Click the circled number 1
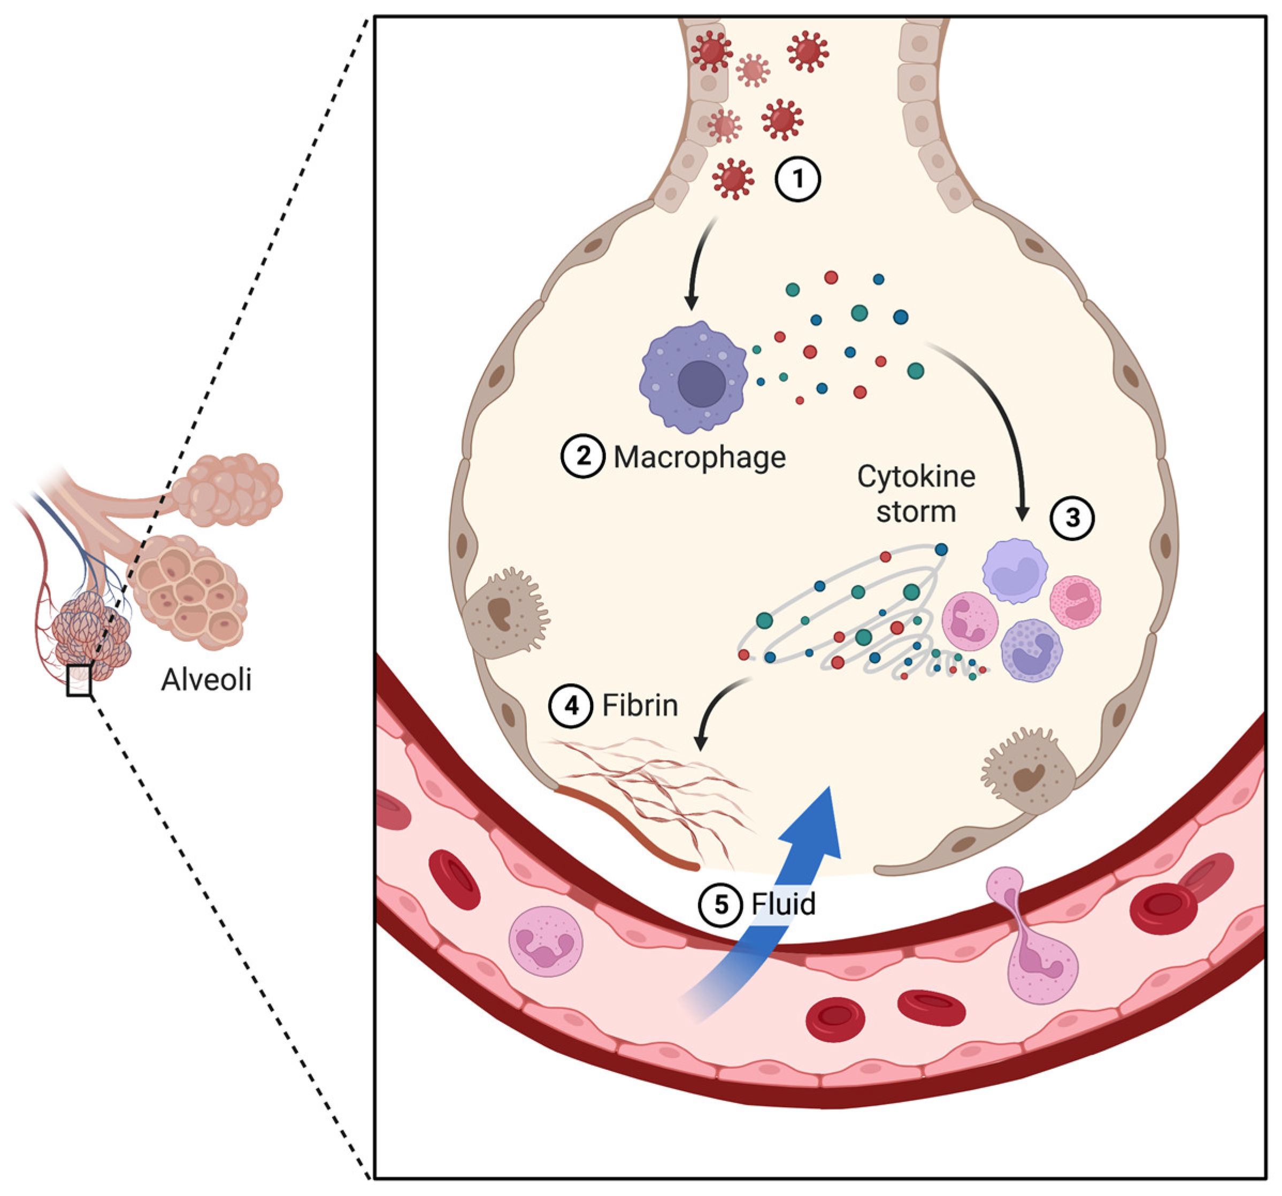pos(797,179)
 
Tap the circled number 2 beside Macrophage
pos(583,457)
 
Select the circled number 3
pos(1072,518)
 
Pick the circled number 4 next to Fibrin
pos(571,705)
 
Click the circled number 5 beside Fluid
pos(721,904)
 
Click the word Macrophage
pos(700,457)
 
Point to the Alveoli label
pos(206,680)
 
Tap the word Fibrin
pos(640,706)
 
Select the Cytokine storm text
pos(916,494)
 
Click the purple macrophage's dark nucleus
pos(702,384)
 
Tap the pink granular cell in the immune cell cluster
pos(1076,601)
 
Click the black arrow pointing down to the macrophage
pos(700,264)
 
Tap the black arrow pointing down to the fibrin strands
pos(716,709)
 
